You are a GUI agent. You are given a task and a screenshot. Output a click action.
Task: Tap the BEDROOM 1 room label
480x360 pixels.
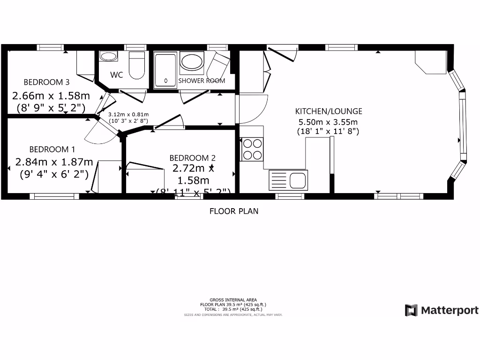click(52, 150)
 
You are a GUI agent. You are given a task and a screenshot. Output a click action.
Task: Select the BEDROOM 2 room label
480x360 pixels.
click(192, 158)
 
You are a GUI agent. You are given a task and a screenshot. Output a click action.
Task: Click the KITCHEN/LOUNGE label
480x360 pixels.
click(328, 112)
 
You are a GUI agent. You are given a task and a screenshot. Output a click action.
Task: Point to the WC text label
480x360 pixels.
click(117, 75)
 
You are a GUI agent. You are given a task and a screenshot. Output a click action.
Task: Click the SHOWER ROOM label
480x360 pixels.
click(202, 81)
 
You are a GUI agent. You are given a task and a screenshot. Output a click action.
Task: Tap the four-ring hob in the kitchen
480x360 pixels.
click(252, 149)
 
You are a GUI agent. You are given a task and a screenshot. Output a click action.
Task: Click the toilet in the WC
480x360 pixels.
click(137, 66)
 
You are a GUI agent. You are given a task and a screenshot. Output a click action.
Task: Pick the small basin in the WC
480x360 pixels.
click(108, 57)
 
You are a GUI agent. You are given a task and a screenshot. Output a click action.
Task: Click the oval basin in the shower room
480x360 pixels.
click(192, 61)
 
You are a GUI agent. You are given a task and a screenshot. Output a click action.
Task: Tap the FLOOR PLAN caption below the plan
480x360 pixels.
click(233, 211)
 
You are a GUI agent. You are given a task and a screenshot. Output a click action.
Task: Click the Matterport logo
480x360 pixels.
click(442, 310)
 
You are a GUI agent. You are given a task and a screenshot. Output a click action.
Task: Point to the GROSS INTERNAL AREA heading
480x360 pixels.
click(233, 300)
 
